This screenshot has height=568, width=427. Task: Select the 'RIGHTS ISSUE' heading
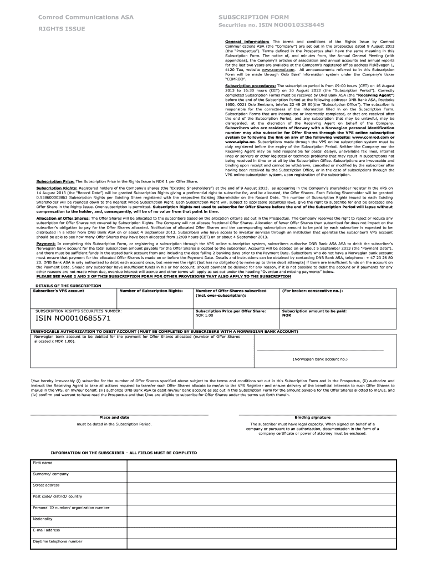(58, 28)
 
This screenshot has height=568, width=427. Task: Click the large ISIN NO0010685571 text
(73, 319)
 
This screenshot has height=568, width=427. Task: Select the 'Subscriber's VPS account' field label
(58, 291)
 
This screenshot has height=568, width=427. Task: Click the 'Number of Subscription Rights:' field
(151, 291)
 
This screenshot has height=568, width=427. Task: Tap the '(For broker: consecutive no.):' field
(312, 291)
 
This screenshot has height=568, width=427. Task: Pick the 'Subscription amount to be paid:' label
(314, 311)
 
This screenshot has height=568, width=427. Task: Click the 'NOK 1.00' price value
(205, 316)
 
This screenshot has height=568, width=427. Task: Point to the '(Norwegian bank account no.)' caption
(320, 359)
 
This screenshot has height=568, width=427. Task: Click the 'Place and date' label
(114, 417)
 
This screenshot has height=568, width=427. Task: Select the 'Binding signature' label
(313, 417)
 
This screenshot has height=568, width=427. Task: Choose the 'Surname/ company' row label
(50, 474)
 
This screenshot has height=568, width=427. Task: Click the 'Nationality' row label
(43, 519)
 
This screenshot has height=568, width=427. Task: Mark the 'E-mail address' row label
(47, 530)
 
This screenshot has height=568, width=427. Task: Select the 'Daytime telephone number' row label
(58, 541)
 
